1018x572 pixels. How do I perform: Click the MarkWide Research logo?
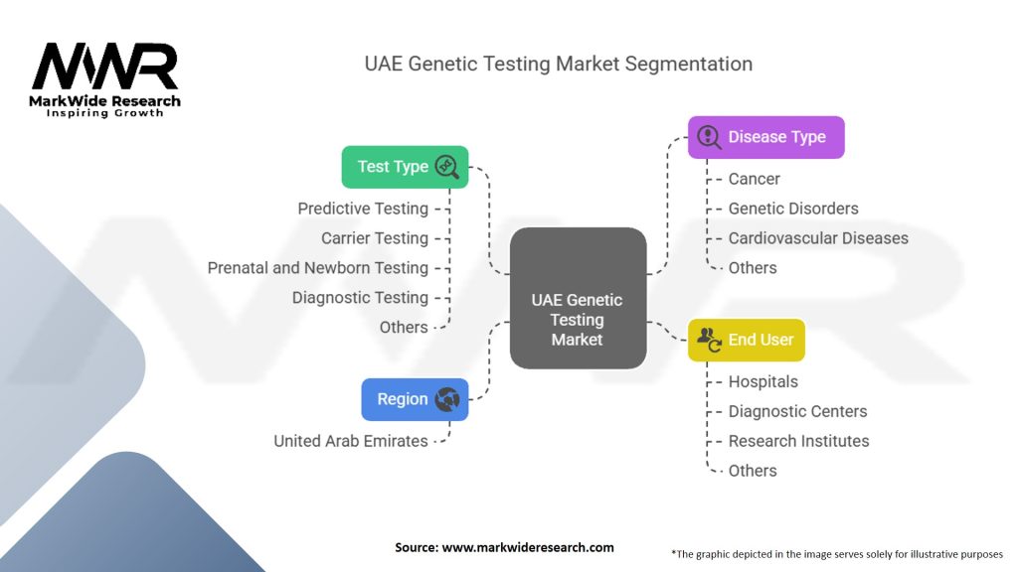(x=105, y=78)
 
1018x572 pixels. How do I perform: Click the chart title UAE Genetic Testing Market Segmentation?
(x=558, y=64)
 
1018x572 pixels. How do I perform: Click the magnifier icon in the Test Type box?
(x=446, y=167)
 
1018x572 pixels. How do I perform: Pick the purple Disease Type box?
(x=765, y=137)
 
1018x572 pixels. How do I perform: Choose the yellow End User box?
(x=747, y=340)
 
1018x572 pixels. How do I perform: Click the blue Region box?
(x=415, y=399)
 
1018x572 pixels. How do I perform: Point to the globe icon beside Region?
(x=446, y=399)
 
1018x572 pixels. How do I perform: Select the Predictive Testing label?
(x=363, y=209)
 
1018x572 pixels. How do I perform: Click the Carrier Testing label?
(x=375, y=238)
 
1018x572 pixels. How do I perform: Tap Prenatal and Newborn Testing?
(x=318, y=268)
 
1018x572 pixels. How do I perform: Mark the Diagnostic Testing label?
(x=360, y=298)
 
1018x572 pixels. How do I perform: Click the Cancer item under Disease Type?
(x=754, y=179)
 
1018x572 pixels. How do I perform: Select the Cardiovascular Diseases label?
(x=818, y=238)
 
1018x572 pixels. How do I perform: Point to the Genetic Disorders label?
(x=793, y=209)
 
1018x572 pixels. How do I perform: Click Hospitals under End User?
(x=763, y=381)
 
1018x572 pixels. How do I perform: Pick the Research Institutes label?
(x=798, y=441)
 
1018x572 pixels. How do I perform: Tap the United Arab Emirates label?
(x=351, y=441)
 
